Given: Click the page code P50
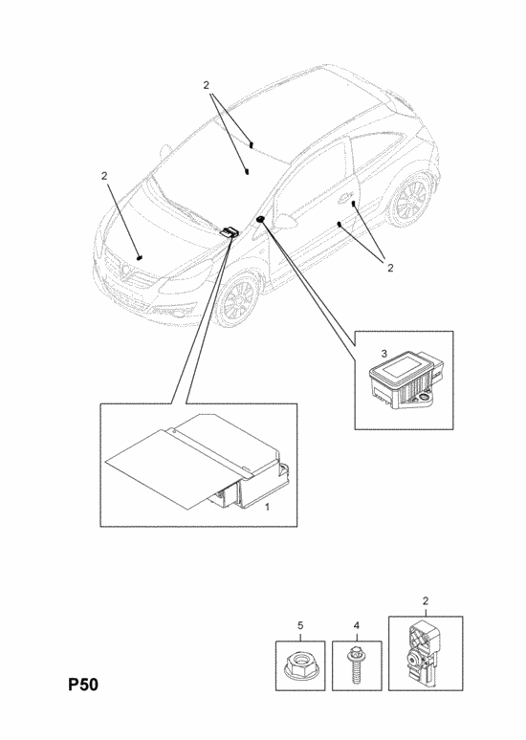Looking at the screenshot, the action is pos(83,685).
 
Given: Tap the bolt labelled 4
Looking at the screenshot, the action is pos(355,665).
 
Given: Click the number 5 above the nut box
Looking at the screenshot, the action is pos(300,625).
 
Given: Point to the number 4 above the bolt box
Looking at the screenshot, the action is pos(357,625).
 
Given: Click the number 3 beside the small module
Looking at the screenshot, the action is pos(384,353).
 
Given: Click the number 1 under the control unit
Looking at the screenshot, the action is pos(267,508).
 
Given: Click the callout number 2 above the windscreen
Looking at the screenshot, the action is pos(206,85).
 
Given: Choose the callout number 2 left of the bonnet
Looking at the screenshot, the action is pos(104,176).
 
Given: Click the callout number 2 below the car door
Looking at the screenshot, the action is pos(390,268).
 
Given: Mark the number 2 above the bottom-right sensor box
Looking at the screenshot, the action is pos(426,601).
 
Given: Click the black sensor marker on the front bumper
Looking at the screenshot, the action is pos(140,257).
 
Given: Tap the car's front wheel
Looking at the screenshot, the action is pos(238,299).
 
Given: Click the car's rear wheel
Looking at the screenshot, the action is pos(410,201).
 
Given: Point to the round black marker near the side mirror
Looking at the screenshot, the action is pos(260,220).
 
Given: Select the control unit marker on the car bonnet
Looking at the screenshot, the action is pos(230,231).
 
